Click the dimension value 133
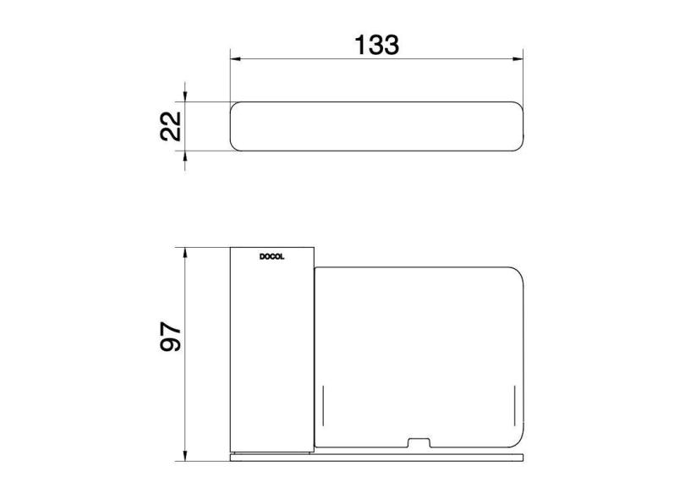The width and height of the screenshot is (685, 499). pyautogui.click(x=376, y=44)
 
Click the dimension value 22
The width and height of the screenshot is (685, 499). pyautogui.click(x=170, y=126)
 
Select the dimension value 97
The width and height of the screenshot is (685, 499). pyautogui.click(x=170, y=336)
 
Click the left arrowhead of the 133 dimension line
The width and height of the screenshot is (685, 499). pyautogui.click(x=237, y=59)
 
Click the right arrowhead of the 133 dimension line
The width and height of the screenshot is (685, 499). pyautogui.click(x=518, y=59)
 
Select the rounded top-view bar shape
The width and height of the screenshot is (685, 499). pyautogui.click(x=377, y=127)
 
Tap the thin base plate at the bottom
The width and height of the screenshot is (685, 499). pyautogui.click(x=377, y=457)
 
